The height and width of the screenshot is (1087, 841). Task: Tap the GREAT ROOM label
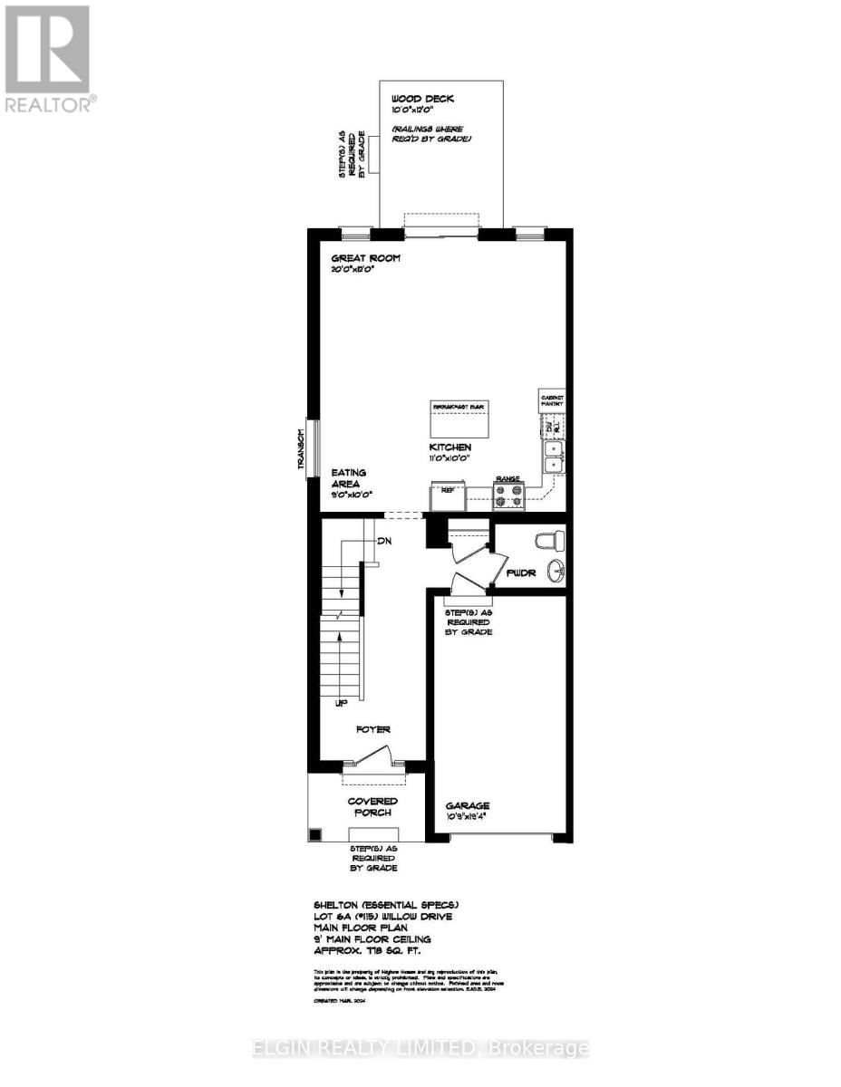[x=365, y=259]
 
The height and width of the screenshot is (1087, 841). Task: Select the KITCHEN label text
[x=450, y=447]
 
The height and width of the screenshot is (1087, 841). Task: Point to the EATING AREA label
[x=349, y=479]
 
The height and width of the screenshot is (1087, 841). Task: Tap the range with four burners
[x=510, y=495]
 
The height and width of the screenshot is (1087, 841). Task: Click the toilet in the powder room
[x=551, y=542]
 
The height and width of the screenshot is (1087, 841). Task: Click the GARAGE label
[x=468, y=805]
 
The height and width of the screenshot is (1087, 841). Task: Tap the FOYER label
[x=372, y=728]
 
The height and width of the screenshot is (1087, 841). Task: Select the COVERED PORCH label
[x=372, y=806]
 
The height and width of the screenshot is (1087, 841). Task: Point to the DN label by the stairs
[x=385, y=541]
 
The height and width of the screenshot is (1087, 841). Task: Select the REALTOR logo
[x=49, y=59]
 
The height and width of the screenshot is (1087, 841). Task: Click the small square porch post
[x=314, y=835]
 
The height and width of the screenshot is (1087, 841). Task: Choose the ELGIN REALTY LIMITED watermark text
[x=420, y=1049]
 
